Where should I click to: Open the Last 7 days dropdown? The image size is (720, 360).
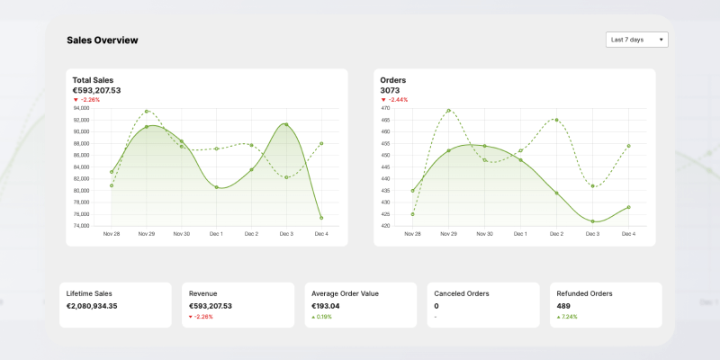[637, 40]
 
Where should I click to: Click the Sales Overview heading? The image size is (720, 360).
[103, 40]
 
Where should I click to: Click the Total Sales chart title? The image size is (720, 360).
[93, 80]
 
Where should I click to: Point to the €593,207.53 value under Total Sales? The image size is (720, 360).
[96, 90]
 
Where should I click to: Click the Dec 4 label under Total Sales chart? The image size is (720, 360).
[321, 234]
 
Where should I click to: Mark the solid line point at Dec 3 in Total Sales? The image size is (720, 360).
[286, 124]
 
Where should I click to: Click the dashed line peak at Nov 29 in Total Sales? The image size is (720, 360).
[147, 112]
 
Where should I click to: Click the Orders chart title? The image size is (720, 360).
[393, 80]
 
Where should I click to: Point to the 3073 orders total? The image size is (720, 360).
[390, 90]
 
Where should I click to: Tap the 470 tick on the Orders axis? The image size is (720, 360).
[385, 108]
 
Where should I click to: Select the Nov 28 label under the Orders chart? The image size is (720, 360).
[412, 234]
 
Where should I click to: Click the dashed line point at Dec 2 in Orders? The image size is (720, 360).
[556, 120]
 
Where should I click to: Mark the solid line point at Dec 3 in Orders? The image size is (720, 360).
[592, 221]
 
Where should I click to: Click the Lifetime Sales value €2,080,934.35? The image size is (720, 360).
[92, 306]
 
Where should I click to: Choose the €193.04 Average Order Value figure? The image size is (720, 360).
[326, 306]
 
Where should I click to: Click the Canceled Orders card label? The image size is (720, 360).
[462, 293]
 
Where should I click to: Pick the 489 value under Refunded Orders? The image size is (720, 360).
[564, 306]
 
